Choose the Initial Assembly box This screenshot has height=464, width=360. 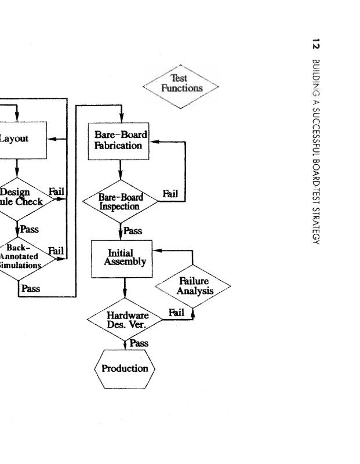(x=124, y=258)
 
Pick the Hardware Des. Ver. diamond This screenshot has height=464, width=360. (x=124, y=320)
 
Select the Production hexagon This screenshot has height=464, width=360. (x=125, y=368)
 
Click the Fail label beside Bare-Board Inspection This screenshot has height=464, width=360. (x=170, y=193)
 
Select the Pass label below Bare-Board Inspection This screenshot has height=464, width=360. (x=133, y=231)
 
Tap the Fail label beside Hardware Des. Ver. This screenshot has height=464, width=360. (x=176, y=313)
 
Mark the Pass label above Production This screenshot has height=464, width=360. (x=139, y=343)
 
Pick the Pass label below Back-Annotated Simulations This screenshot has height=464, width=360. (x=30, y=288)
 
